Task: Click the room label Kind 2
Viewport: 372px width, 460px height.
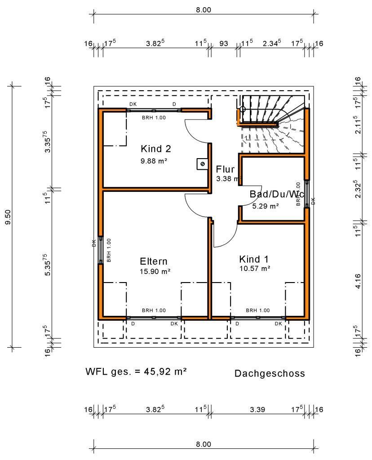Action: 155,149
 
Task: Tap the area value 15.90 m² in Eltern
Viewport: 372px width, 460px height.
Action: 155,271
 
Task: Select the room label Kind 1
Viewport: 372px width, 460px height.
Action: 254,259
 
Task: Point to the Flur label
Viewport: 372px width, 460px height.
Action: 225,169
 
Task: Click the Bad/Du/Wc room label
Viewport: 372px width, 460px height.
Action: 277,194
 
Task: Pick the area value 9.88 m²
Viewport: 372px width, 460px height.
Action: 154,160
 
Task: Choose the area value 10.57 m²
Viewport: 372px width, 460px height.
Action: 255,268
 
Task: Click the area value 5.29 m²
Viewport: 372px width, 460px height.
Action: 266,206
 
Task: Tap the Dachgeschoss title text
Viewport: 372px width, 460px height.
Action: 270,373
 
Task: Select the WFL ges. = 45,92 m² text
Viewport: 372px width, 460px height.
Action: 136,372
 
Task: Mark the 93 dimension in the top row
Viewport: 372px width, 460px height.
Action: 223,44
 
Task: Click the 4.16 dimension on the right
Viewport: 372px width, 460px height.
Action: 358,279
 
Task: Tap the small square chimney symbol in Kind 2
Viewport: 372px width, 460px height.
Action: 202,164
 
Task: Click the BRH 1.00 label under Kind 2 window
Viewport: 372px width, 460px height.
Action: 154,117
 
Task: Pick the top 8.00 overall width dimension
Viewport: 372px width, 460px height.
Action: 203,9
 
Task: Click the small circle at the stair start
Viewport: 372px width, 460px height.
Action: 243,109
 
